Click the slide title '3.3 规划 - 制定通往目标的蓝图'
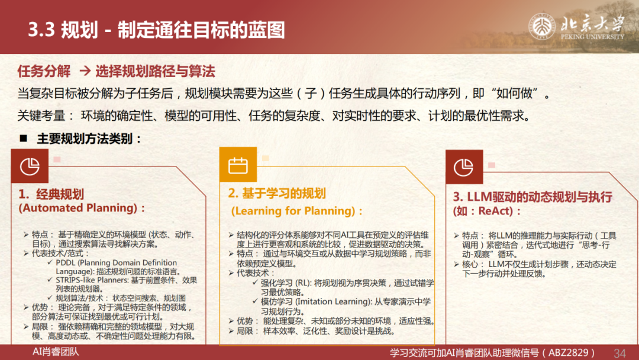[156, 30]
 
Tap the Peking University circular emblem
[541, 27]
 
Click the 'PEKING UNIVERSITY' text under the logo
[592, 37]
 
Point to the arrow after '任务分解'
[85, 71]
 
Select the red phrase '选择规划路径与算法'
[155, 71]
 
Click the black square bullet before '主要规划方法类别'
[24, 139]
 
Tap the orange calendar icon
[238, 165]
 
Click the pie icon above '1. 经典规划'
[30, 166]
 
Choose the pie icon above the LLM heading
[464, 167]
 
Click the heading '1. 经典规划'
[51, 194]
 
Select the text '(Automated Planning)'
[78, 208]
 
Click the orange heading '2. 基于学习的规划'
[277, 193]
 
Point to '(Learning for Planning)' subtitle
[293, 211]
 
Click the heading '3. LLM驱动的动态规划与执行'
[532, 197]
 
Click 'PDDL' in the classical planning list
[64, 262]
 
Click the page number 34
[619, 353]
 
